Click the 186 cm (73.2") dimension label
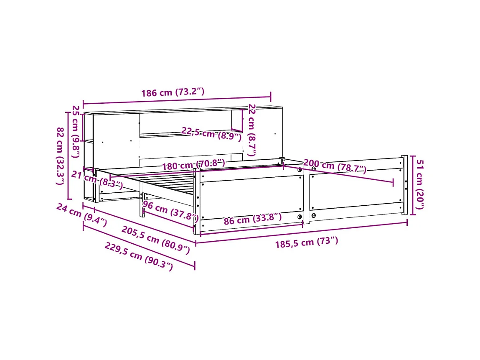[173, 92]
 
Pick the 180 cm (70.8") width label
[193, 164]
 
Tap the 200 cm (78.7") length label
[335, 166]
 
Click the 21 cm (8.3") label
[97, 179]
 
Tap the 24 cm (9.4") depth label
[81, 214]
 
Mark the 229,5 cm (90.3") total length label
[138, 257]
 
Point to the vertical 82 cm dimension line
[68, 156]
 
